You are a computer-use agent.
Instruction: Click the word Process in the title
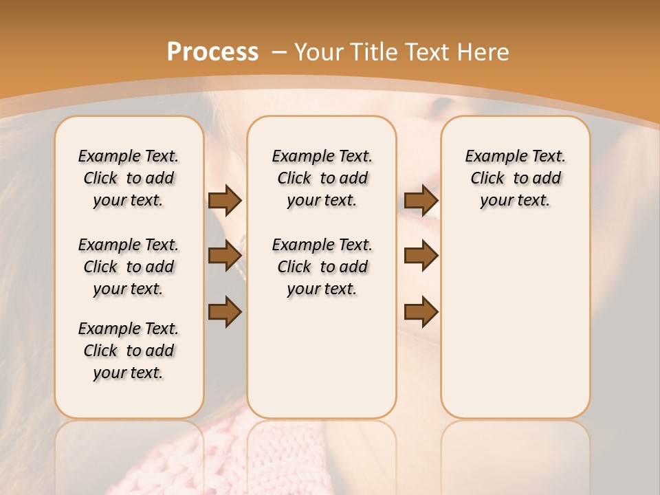pyautogui.click(x=212, y=52)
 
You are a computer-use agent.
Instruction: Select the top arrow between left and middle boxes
pyautogui.click(x=225, y=201)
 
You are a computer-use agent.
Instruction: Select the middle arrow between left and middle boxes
pyautogui.click(x=225, y=256)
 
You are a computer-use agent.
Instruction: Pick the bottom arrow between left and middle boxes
pyautogui.click(x=225, y=311)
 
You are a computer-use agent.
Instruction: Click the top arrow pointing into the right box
pyautogui.click(x=421, y=201)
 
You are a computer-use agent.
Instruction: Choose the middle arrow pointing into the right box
pyautogui.click(x=421, y=256)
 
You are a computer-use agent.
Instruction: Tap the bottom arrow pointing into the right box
pyautogui.click(x=421, y=311)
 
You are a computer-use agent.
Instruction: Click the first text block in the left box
pyautogui.click(x=129, y=178)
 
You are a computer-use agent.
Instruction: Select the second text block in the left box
pyautogui.click(x=129, y=267)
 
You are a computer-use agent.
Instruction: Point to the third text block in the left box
pyautogui.click(x=129, y=351)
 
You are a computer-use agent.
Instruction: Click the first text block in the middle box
pyautogui.click(x=322, y=178)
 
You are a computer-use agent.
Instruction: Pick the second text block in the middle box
pyautogui.click(x=322, y=267)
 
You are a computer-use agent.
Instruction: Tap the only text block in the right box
pyautogui.click(x=516, y=178)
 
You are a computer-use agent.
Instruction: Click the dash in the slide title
pyautogui.click(x=279, y=52)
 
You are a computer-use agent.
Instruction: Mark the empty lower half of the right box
pyautogui.click(x=516, y=330)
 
